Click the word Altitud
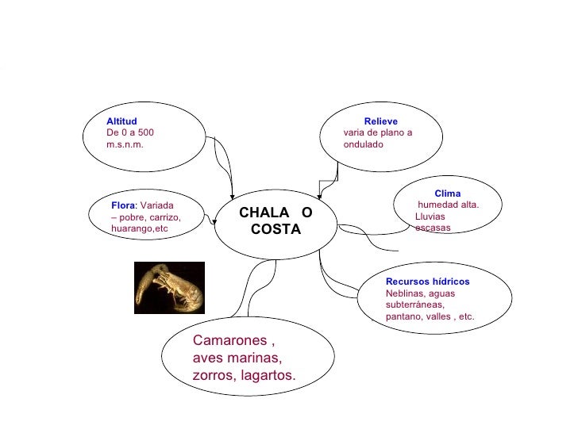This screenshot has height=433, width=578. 121,121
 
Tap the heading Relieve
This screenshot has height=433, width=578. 381,121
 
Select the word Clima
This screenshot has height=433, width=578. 447,194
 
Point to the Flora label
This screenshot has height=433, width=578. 124,205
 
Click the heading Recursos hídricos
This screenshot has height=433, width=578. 427,282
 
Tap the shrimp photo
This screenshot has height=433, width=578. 169,287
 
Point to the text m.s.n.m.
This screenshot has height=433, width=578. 125,145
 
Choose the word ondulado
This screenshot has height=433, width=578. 364,145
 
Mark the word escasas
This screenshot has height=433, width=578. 433,228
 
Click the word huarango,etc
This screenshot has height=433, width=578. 141,229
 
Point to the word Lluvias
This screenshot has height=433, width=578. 430,216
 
